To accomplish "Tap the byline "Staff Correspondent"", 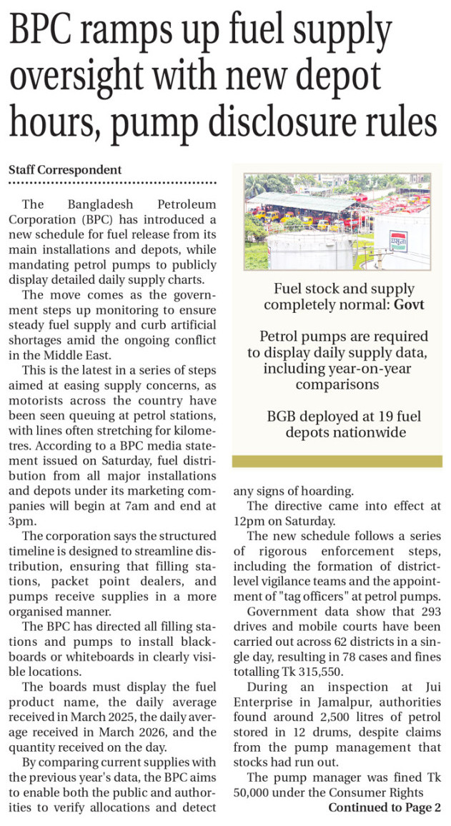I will [65, 170].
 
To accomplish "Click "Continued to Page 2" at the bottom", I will [385, 807].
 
